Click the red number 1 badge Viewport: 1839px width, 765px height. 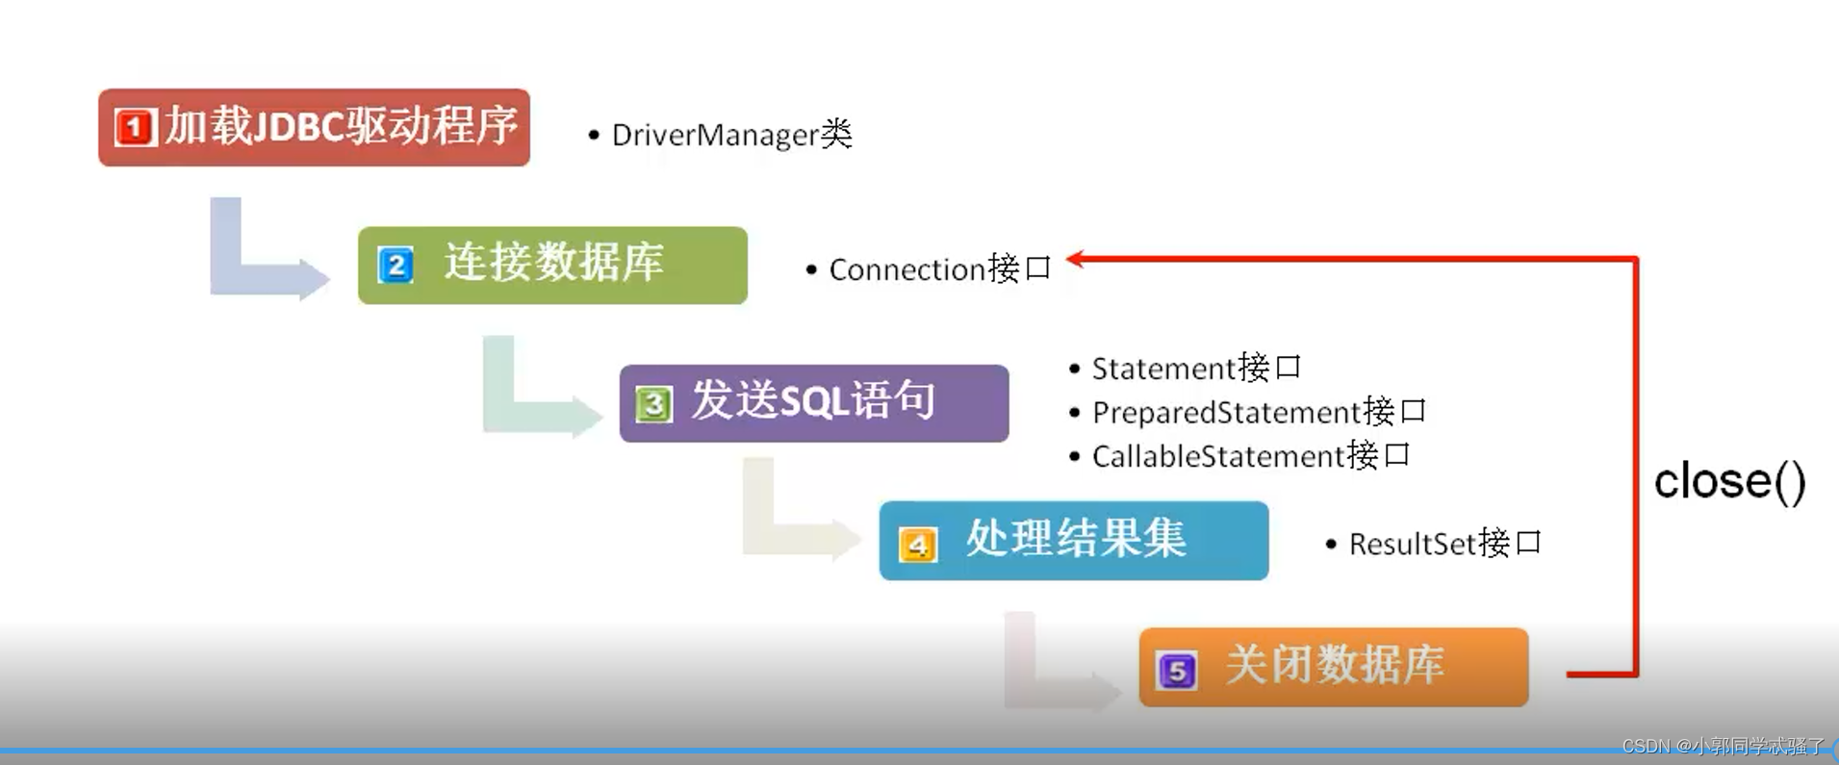pos(134,127)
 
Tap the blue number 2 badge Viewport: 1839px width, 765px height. pos(396,265)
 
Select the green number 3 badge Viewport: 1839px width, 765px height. pos(653,404)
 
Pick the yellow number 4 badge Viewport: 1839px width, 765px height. pos(917,545)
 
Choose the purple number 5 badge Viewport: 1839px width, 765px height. pos(1176,671)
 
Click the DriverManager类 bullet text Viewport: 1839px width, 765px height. pos(731,135)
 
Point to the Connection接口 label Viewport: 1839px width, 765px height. pos(939,269)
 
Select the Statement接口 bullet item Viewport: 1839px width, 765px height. pos(1195,369)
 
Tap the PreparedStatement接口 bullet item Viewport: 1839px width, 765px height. pos(1258,413)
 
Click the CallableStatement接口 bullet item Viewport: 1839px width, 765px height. pos(1250,456)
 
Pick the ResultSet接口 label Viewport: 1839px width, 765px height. pos(1444,544)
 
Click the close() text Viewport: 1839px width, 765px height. pos(1729,481)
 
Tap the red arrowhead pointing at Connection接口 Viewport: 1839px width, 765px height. pos(1076,258)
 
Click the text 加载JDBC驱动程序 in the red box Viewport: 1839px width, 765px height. pos(341,126)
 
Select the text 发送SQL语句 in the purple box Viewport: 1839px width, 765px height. pos(813,400)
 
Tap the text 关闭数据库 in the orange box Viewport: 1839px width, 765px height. pos(1335,665)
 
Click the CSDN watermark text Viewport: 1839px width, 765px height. pos(1723,746)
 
